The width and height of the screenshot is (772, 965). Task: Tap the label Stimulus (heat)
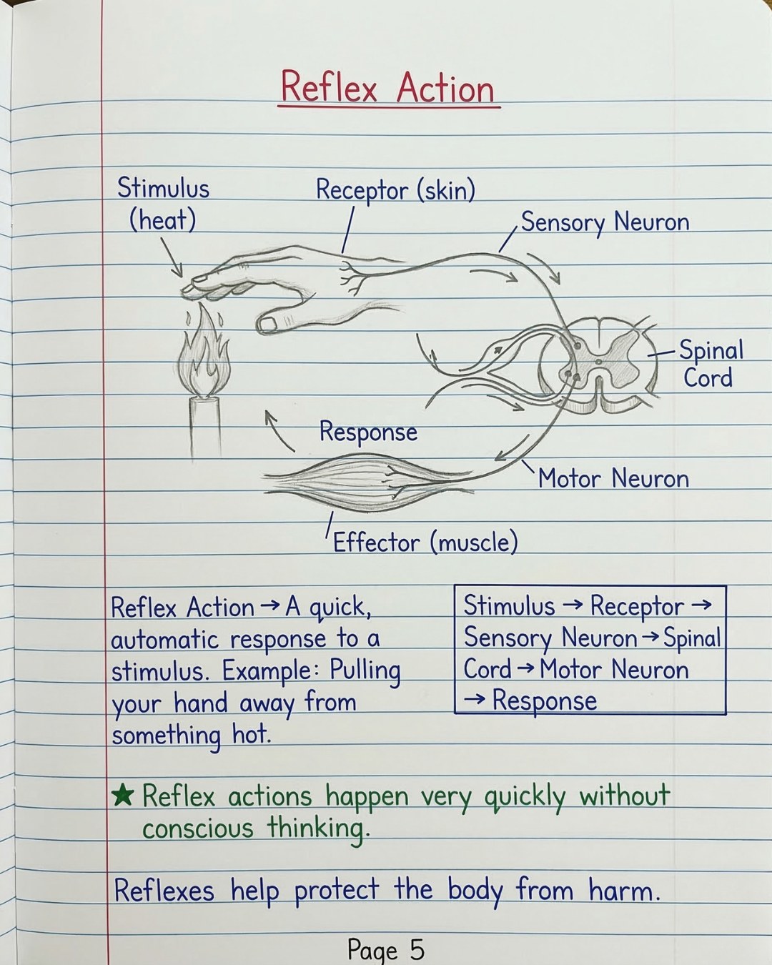(x=163, y=204)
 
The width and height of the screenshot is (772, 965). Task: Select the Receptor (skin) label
(x=395, y=190)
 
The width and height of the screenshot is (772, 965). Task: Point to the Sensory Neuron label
(x=605, y=222)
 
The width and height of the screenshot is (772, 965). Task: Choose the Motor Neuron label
(x=613, y=478)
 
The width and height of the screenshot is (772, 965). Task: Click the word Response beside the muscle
(x=368, y=432)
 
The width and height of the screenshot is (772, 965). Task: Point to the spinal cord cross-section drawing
(x=599, y=364)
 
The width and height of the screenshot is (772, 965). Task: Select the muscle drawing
(x=368, y=482)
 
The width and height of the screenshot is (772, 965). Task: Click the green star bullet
(x=122, y=796)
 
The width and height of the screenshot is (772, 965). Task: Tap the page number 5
(x=417, y=948)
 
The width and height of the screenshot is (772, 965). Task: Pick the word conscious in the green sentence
(x=198, y=828)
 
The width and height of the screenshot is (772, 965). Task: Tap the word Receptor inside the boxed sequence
(x=637, y=606)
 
